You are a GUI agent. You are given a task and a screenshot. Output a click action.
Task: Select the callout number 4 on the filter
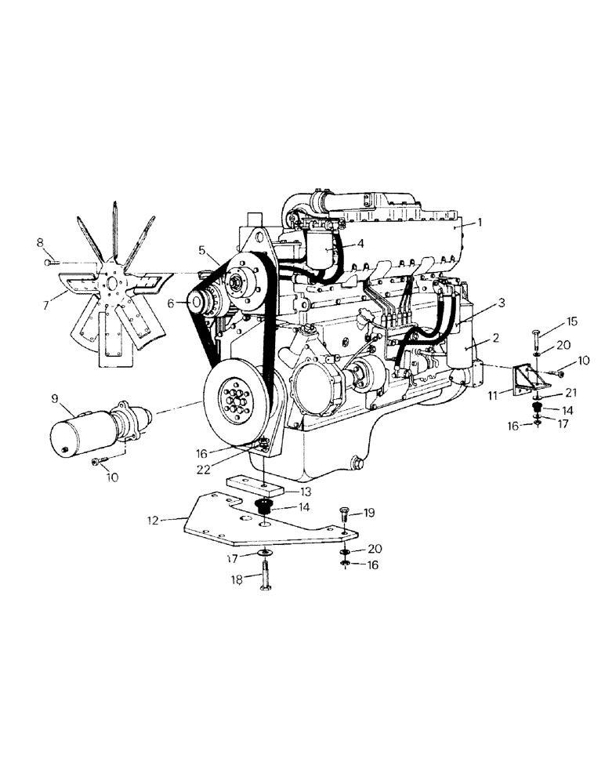coord(360,243)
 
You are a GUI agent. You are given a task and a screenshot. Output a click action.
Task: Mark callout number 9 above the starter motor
coord(56,398)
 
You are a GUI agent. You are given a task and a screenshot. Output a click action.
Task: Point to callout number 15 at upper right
coord(571,321)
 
